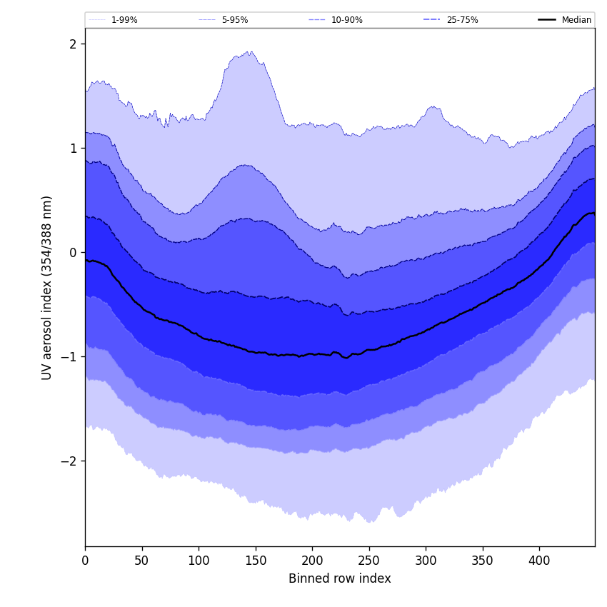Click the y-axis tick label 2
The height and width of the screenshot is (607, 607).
pyautogui.click(x=73, y=44)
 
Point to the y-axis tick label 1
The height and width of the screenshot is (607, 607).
pyautogui.click(x=73, y=149)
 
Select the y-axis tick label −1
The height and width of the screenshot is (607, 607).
pyautogui.click(x=69, y=357)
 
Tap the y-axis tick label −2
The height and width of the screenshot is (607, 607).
pyautogui.click(x=69, y=461)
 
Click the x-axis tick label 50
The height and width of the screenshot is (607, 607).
pyautogui.click(x=141, y=561)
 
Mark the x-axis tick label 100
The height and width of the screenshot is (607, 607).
pyautogui.click(x=199, y=561)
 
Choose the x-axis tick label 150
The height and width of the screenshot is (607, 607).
pyautogui.click(x=255, y=561)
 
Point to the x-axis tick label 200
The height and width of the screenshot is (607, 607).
pyautogui.click(x=312, y=561)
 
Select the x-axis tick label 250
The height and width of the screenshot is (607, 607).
pyautogui.click(x=368, y=561)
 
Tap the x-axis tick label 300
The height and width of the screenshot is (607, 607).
pyautogui.click(x=426, y=561)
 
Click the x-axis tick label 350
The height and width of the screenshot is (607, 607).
pyautogui.click(x=482, y=561)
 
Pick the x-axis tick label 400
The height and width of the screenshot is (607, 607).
pyautogui.click(x=539, y=561)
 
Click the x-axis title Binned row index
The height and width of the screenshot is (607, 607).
pyautogui.click(x=339, y=579)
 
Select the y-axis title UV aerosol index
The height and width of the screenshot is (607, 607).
pyautogui.click(x=47, y=287)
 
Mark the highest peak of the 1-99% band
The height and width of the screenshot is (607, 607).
pyautogui.click(x=251, y=51)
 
